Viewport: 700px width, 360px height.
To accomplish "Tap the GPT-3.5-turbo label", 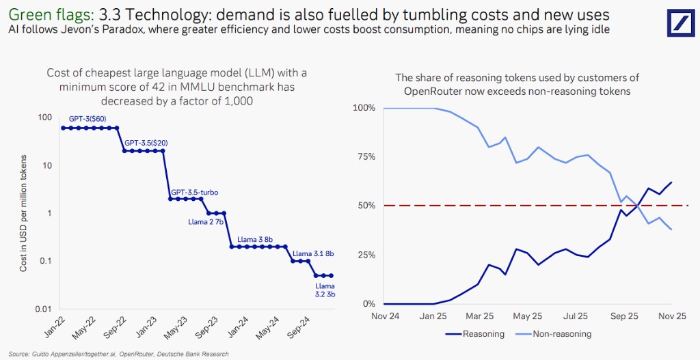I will point(194,193).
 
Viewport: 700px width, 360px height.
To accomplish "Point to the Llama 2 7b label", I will point(206,221).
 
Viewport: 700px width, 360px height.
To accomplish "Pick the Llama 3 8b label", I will point(255,240).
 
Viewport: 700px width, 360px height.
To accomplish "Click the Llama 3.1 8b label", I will point(313,253).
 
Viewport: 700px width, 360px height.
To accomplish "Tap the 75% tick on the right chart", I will point(365,157).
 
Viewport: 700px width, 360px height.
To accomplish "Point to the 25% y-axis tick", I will point(365,255).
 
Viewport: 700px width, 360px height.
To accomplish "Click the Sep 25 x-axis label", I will point(623,317).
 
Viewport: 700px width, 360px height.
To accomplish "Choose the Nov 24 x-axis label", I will point(384,317).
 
